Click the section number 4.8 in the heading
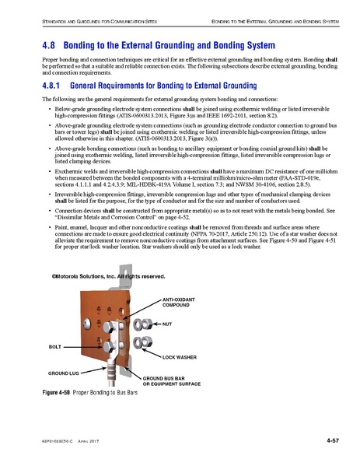pos(47,45)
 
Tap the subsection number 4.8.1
pos(51,83)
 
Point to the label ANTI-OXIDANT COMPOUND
pos(181,301)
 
